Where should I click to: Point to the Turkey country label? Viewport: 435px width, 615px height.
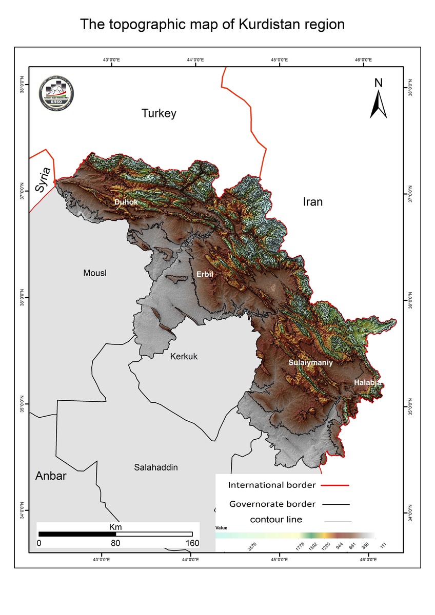pyautogui.click(x=159, y=114)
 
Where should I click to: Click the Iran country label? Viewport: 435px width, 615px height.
pyautogui.click(x=312, y=202)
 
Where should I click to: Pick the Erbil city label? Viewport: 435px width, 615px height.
pyautogui.click(x=205, y=275)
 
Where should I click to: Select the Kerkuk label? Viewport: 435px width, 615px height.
pyautogui.click(x=184, y=357)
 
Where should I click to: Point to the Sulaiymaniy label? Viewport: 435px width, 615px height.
pyautogui.click(x=310, y=362)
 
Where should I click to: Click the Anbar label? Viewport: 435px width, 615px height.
pyautogui.click(x=51, y=476)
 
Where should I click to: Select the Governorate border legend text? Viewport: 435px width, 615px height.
pyautogui.click(x=272, y=504)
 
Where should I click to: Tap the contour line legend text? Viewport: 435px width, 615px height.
pyautogui.click(x=276, y=520)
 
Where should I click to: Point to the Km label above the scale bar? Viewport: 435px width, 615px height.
pyautogui.click(x=115, y=526)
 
